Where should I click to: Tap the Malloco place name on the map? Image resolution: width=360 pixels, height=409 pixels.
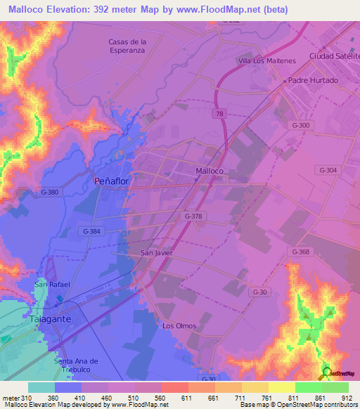pyautogui.click(x=209, y=171)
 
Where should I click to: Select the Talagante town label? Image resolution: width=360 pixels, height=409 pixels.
pyautogui.click(x=49, y=319)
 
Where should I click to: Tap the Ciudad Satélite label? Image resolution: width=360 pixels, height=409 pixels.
pyautogui.click(x=334, y=56)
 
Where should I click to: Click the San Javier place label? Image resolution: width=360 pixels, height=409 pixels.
pyautogui.click(x=156, y=252)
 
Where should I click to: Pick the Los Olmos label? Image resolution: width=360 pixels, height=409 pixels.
pyautogui.click(x=179, y=326)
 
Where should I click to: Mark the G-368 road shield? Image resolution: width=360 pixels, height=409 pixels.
pyautogui.click(x=300, y=251)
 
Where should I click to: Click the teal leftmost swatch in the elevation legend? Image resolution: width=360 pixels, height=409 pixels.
pyautogui.click(x=41, y=387)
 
